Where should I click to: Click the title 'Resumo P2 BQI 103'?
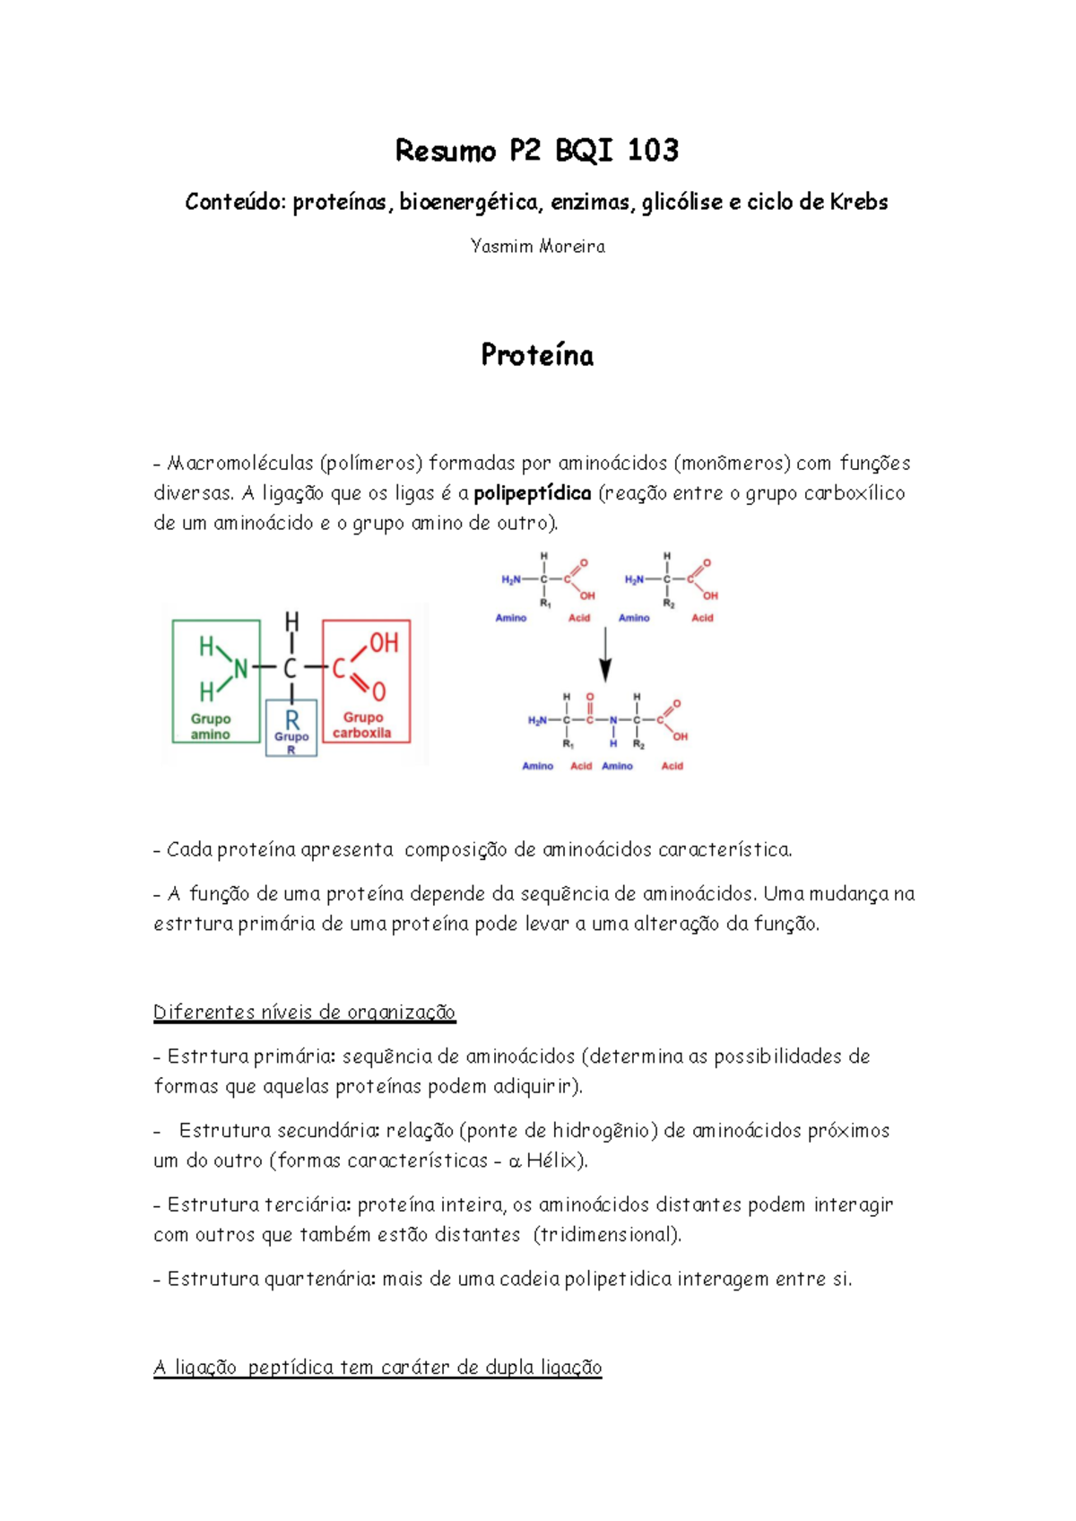[536, 151]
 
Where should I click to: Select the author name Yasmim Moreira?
[537, 247]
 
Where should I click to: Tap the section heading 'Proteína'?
[537, 355]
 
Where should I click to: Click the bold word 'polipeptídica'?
[532, 493]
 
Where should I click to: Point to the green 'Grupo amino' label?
[211, 726]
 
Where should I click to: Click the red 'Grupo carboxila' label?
[362, 725]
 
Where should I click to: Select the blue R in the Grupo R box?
[292, 720]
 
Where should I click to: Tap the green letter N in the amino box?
[240, 668]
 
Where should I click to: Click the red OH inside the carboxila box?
[384, 642]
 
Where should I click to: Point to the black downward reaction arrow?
[605, 656]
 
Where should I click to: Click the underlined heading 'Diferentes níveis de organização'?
[304, 1013]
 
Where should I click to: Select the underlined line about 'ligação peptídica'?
[377, 1368]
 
